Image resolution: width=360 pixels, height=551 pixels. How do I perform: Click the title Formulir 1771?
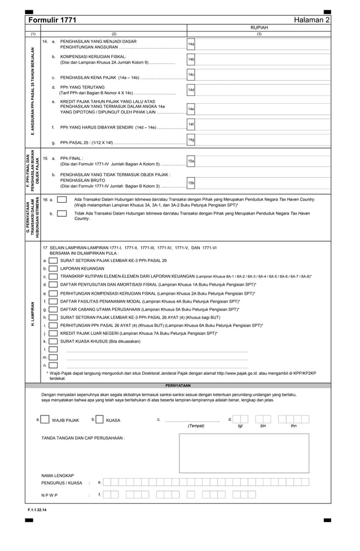point(52,20)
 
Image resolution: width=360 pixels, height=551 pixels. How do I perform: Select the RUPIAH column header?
point(258,27)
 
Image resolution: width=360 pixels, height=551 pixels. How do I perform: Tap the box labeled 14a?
point(191,43)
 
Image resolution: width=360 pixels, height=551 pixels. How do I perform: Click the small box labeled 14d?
point(191,90)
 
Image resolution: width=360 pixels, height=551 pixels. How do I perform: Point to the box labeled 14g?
point(191,139)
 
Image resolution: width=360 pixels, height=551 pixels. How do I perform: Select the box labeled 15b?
point(191,183)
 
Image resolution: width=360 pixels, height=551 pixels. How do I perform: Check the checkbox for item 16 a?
point(62,199)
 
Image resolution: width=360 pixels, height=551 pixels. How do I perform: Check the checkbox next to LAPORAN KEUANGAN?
point(53,269)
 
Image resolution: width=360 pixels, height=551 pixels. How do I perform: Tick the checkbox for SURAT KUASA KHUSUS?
point(53,342)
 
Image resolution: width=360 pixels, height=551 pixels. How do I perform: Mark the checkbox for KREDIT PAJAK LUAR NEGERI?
point(53,334)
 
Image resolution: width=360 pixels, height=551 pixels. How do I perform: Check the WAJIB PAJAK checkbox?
point(45,419)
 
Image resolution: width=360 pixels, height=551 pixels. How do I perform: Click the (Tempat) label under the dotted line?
point(196,426)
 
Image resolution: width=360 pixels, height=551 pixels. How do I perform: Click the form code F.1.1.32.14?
point(37,510)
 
